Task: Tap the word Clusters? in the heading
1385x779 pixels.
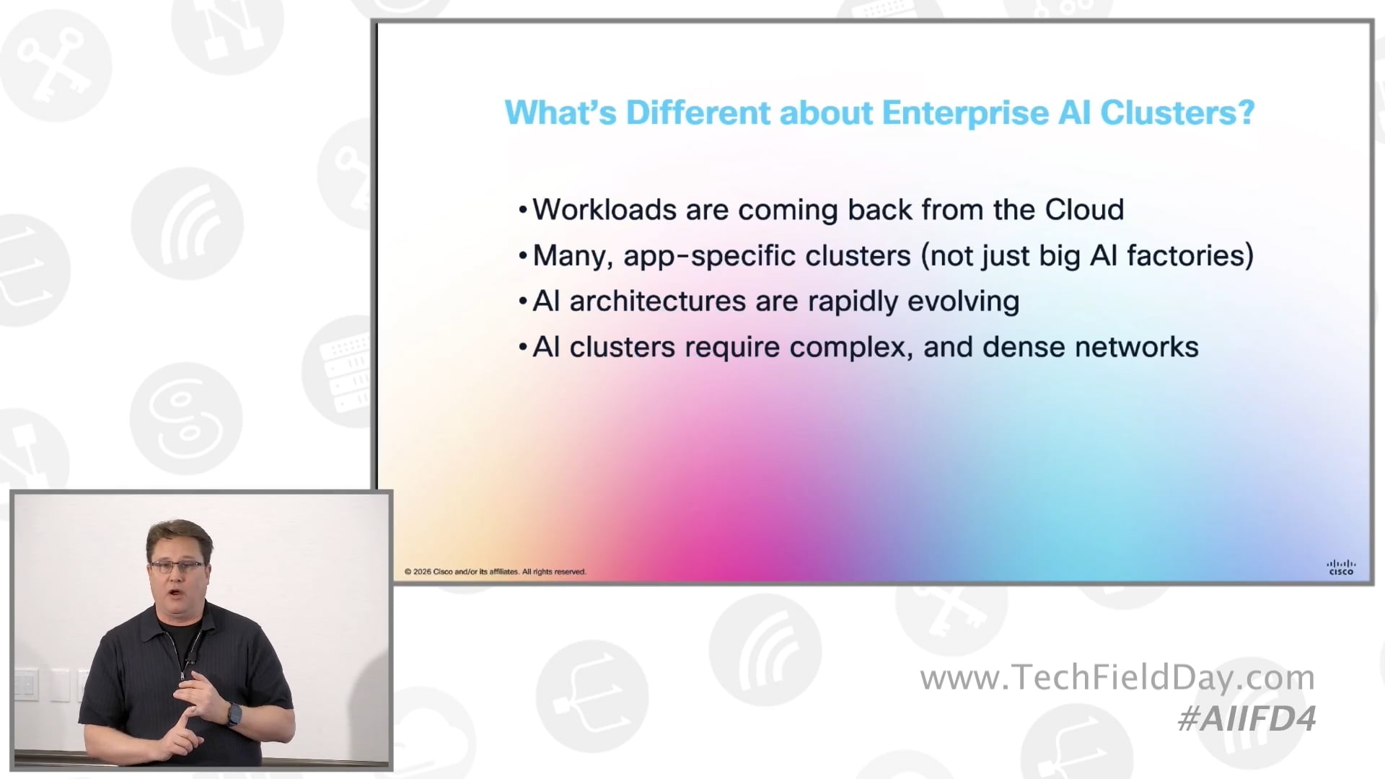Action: point(1177,113)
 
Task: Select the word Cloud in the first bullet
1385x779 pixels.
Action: point(1084,210)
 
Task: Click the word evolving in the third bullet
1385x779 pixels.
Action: point(963,302)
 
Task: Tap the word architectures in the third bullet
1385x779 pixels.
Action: point(657,302)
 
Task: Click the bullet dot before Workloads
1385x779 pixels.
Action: point(523,211)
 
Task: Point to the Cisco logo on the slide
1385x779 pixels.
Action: point(1341,568)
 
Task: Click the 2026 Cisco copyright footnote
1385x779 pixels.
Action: point(495,572)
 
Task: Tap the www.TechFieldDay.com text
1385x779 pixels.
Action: point(1117,678)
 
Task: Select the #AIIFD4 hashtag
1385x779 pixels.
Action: point(1246,719)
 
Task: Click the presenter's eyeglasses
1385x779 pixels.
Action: point(177,566)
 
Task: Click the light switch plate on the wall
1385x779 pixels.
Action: point(26,685)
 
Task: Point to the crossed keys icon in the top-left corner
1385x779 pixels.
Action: point(54,65)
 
